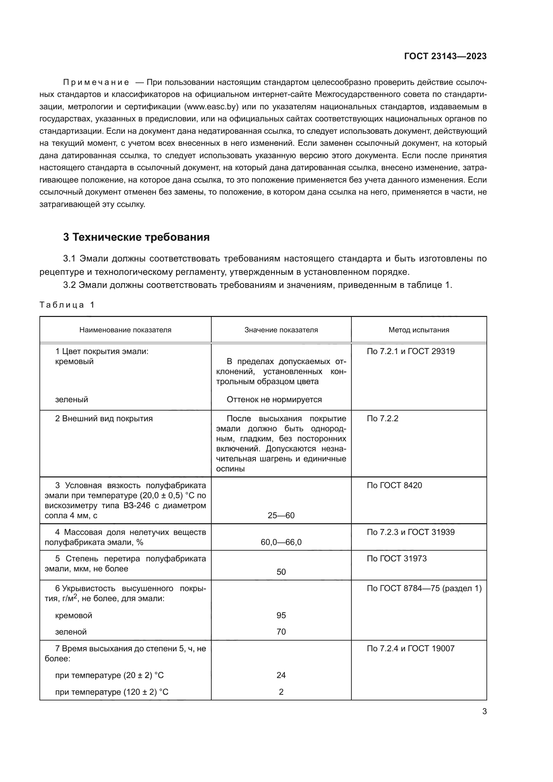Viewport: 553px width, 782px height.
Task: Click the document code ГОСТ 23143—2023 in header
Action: point(445,57)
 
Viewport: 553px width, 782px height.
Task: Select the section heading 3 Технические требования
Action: point(136,237)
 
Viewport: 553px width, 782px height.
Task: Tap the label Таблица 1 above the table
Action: point(67,305)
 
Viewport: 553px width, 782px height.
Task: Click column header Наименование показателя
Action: point(125,330)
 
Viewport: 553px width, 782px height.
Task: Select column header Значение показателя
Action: point(281,330)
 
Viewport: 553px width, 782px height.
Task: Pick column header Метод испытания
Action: point(419,330)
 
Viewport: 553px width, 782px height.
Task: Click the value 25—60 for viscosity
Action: point(281,515)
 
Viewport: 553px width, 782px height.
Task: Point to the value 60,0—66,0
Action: point(281,542)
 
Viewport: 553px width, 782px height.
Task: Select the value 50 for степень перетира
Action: point(281,572)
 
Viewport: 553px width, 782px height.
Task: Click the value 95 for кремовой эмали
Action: point(281,615)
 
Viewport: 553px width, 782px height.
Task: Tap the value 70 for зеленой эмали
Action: point(281,632)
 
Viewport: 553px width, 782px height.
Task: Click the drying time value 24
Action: point(281,675)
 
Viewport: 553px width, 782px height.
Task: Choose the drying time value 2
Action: point(281,692)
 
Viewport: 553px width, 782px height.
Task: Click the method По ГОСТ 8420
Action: point(394,485)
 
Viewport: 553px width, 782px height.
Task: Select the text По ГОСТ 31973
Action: point(397,559)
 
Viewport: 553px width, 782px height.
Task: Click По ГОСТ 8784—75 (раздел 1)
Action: point(424,588)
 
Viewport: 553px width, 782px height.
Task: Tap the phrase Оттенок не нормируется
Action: point(274,400)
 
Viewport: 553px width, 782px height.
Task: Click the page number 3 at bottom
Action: point(484,711)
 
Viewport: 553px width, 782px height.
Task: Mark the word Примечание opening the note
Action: point(96,83)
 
